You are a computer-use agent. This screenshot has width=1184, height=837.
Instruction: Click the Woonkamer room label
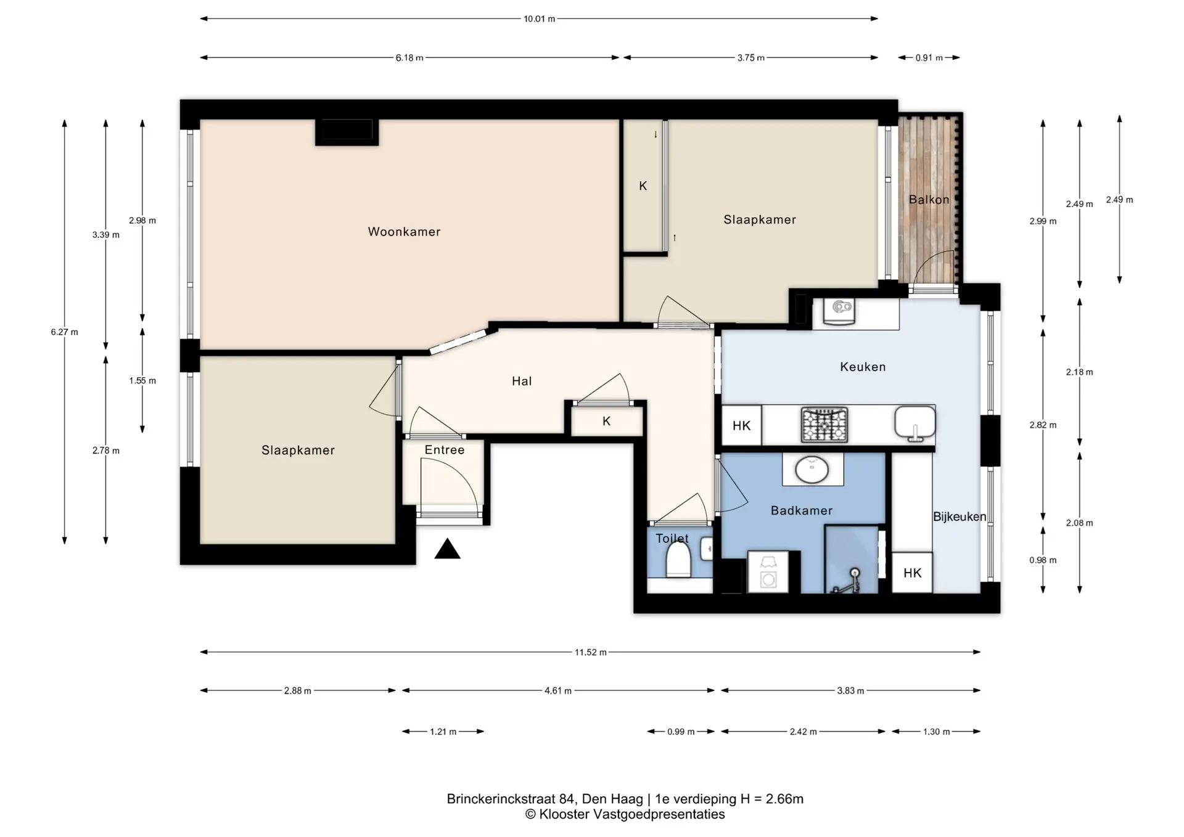click(404, 232)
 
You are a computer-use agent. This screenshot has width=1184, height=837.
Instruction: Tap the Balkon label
click(929, 200)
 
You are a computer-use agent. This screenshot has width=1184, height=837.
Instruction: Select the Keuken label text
click(863, 367)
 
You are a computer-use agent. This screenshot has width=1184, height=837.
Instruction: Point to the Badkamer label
click(801, 510)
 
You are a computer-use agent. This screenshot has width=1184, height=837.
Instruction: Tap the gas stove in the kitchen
click(824, 425)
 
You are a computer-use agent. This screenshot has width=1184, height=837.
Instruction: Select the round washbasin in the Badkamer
click(812, 470)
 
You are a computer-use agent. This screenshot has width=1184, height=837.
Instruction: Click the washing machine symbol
click(768, 572)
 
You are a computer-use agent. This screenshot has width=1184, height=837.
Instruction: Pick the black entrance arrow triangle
click(447, 549)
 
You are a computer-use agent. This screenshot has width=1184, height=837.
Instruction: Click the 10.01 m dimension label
click(539, 19)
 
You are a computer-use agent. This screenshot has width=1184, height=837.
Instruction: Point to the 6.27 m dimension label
click(65, 332)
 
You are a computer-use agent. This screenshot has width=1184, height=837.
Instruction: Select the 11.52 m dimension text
click(591, 652)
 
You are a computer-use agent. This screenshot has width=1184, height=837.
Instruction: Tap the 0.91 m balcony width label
click(929, 58)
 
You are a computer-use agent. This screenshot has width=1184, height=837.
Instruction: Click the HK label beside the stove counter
click(741, 426)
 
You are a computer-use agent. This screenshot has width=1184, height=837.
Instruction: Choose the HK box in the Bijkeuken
click(912, 573)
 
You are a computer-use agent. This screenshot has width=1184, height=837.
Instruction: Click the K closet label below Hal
click(606, 421)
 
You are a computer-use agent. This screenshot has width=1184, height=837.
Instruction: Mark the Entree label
click(444, 450)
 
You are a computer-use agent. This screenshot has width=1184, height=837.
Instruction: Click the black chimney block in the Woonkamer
click(347, 132)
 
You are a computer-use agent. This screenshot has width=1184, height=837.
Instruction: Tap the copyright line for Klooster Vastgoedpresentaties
click(625, 815)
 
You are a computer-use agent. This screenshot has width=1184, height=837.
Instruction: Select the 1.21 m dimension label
click(443, 732)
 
